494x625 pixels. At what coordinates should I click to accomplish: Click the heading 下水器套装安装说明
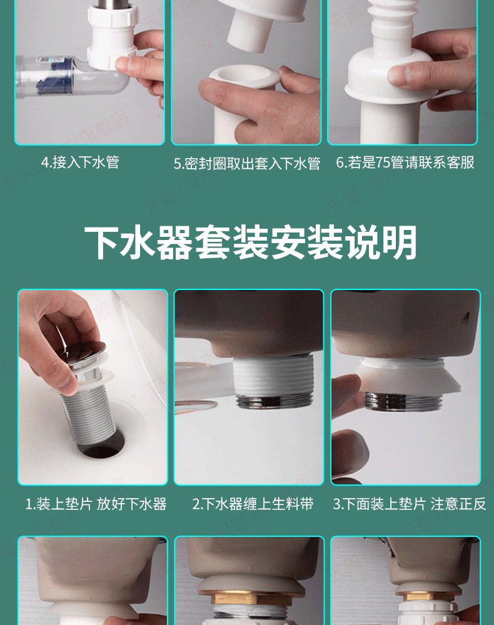(251, 242)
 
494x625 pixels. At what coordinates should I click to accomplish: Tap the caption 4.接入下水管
(80, 162)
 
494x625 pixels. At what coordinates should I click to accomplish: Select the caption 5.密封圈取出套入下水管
(247, 163)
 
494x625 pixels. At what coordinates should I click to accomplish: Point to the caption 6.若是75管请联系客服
(405, 162)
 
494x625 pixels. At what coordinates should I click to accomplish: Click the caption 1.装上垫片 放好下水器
(96, 504)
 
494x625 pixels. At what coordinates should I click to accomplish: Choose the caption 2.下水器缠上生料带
(253, 504)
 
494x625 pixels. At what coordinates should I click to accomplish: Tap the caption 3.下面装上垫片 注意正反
(410, 504)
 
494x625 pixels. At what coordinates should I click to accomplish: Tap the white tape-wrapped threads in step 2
(272, 376)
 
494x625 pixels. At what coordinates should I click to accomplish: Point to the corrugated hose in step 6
(393, 20)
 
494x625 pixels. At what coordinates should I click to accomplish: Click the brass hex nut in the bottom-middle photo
(249, 599)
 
